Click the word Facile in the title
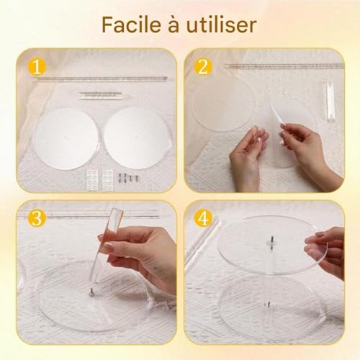[x=132, y=24]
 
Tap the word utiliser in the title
[x=222, y=24]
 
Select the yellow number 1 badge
[x=37, y=67]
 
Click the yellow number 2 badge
[x=203, y=67]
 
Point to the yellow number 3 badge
[x=37, y=218]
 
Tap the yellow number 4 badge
[x=203, y=218]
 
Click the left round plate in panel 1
[x=66, y=138]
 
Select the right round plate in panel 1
[x=137, y=138]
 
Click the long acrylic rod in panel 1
[x=100, y=79]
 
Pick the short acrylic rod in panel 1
[x=100, y=95]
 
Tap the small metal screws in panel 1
[x=127, y=178]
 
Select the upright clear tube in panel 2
[x=330, y=101]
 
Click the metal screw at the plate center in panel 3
[x=91, y=292]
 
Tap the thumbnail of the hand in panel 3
[x=109, y=246]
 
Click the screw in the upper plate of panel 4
[x=271, y=243]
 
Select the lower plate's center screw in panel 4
[x=268, y=304]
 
